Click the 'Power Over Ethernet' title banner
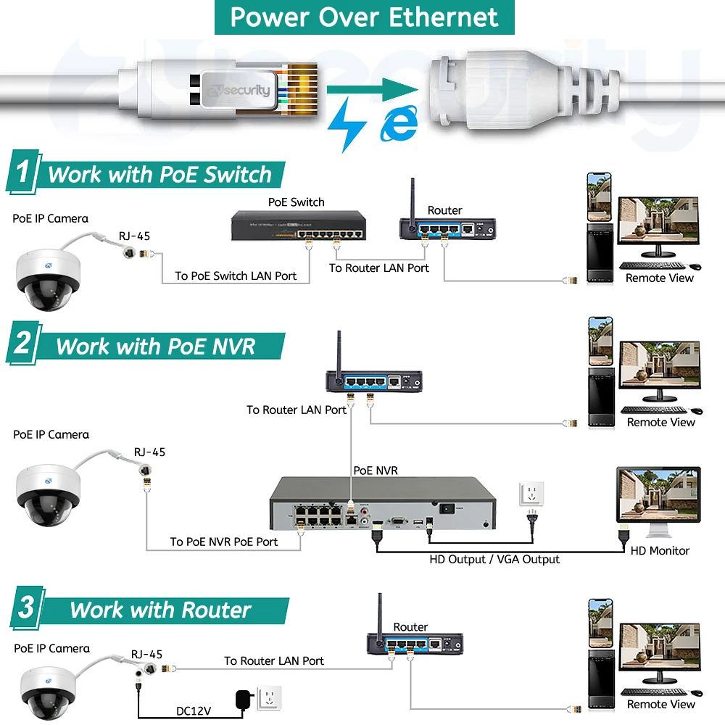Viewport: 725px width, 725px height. [x=364, y=17]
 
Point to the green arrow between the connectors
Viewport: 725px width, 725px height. [x=372, y=91]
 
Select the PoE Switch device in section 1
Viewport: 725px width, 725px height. [x=297, y=226]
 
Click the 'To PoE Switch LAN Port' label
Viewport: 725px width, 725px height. [x=236, y=275]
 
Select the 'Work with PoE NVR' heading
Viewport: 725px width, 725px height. [x=156, y=347]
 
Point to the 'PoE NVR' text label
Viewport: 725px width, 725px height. [x=376, y=471]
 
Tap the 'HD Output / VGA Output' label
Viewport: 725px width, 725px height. [x=494, y=559]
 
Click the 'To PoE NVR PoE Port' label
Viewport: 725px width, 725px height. [x=224, y=542]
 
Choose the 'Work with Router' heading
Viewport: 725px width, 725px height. [x=160, y=610]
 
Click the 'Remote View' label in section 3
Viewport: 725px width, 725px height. [x=660, y=704]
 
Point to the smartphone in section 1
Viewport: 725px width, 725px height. [x=599, y=196]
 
